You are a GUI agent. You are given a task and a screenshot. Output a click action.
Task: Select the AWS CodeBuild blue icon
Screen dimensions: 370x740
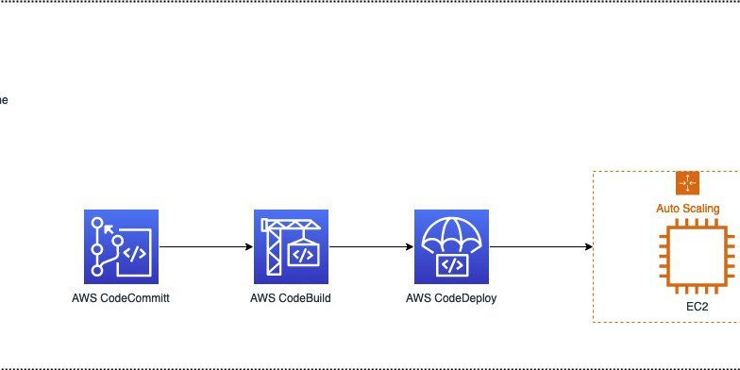(x=294, y=247)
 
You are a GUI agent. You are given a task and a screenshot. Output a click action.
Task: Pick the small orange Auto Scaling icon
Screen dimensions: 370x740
(x=686, y=183)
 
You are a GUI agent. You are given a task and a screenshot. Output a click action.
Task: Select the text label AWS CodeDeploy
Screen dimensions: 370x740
(x=452, y=300)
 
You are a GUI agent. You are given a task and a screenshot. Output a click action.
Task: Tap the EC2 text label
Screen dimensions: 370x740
(x=698, y=308)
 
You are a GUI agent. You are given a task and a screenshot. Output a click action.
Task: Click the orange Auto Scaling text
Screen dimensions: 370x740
(x=688, y=209)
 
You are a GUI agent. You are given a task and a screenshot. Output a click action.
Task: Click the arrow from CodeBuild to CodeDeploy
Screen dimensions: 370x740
(x=372, y=247)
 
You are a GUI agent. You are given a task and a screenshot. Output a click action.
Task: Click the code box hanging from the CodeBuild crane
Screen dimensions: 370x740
(x=303, y=255)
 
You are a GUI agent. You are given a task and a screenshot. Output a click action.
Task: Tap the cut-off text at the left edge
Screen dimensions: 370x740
(x=4, y=99)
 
